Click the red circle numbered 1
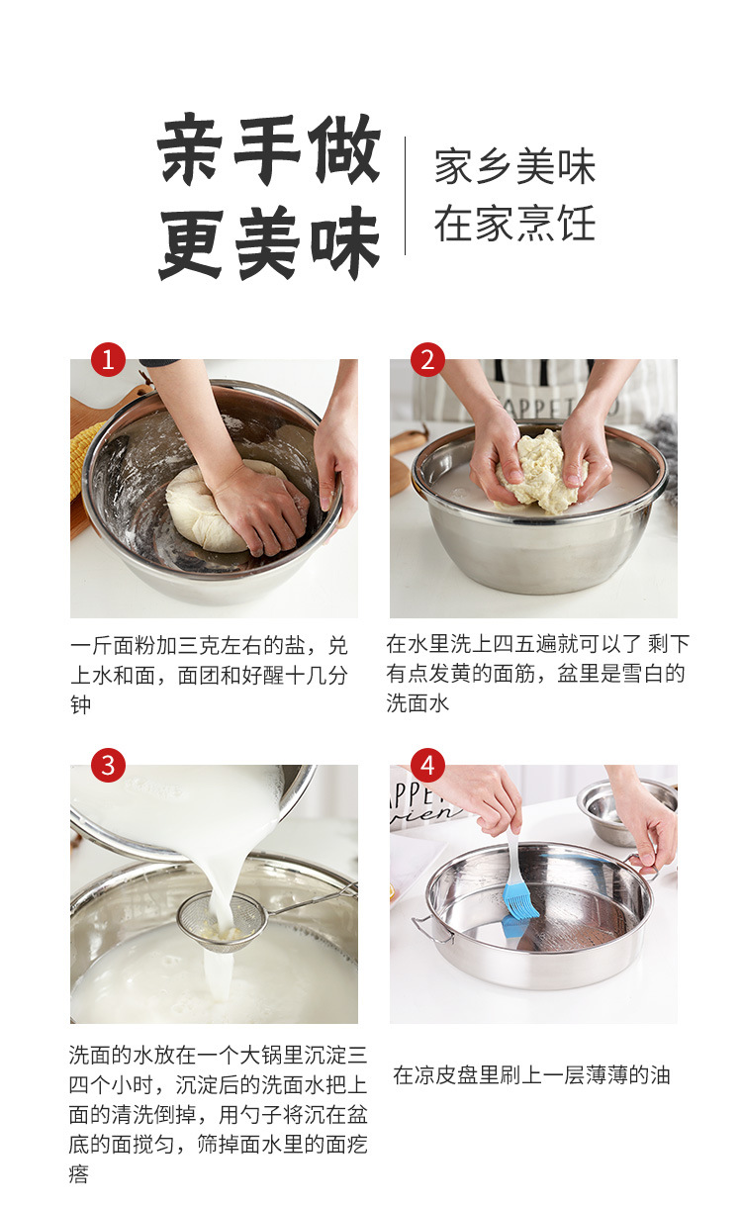tap(108, 359)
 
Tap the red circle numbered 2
tap(427, 359)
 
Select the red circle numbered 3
tap(108, 765)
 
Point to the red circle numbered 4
tap(427, 765)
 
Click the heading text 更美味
tap(269, 242)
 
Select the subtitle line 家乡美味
tap(514, 167)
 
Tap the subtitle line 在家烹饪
tap(514, 225)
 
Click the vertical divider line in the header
tap(405, 196)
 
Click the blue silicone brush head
tap(520, 901)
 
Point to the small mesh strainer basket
tap(223, 920)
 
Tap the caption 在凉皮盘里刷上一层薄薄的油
tap(531, 1075)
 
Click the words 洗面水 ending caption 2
tap(417, 703)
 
